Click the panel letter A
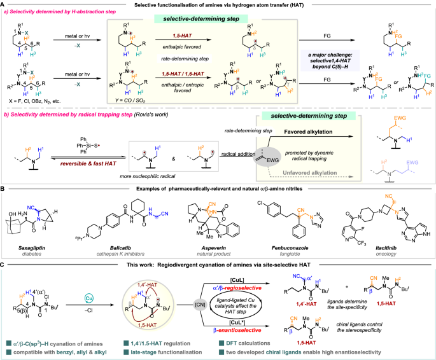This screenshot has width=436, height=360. (x=4, y=4)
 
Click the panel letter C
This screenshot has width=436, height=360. (x=4, y=263)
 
